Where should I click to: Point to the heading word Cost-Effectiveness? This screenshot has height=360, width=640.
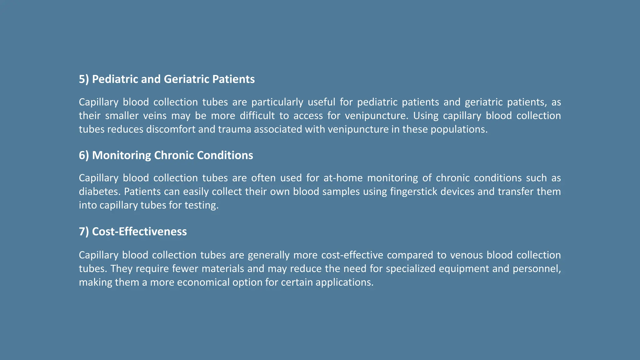coord(139,232)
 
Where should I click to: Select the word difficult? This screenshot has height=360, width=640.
coord(257,116)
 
